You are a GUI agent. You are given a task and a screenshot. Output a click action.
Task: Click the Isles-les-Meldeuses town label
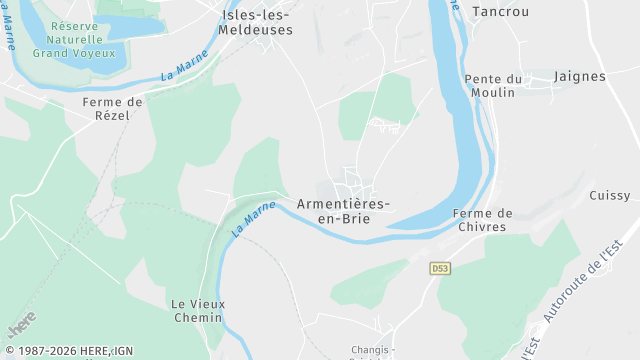(257, 22)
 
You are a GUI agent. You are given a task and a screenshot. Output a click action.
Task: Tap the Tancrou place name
(499, 10)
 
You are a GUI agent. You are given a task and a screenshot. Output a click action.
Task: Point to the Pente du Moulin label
(493, 85)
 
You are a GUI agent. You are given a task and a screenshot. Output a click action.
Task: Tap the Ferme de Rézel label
(113, 108)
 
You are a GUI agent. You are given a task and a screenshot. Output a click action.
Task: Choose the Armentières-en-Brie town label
(343, 211)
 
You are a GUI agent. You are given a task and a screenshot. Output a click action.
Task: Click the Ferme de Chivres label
(482, 220)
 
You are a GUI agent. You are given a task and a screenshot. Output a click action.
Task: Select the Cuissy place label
(610, 195)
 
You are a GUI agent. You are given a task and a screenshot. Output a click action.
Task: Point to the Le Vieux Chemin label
(195, 310)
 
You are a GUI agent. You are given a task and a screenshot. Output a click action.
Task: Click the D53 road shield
(440, 268)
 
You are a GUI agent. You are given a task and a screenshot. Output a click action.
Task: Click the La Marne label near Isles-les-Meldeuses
(184, 67)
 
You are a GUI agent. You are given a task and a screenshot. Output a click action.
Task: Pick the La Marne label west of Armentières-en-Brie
(253, 218)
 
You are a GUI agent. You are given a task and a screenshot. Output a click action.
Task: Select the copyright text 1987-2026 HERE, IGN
(68, 351)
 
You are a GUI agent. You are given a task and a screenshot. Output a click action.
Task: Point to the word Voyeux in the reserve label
(95, 53)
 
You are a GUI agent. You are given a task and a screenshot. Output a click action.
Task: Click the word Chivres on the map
(482, 227)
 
